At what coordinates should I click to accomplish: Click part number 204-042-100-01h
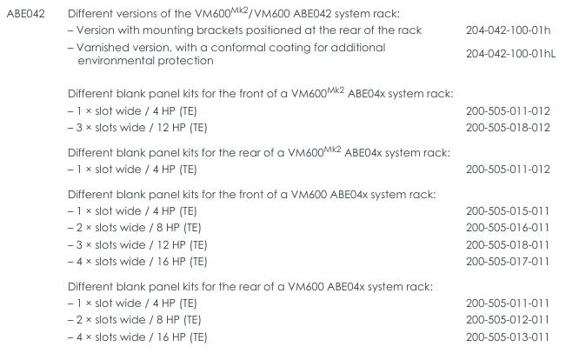click(x=508, y=30)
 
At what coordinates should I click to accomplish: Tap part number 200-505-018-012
click(x=508, y=127)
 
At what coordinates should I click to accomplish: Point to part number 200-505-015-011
click(x=508, y=210)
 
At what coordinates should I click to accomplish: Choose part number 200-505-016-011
click(x=508, y=227)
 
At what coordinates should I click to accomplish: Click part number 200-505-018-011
click(x=508, y=244)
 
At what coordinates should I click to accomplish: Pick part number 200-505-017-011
click(x=508, y=261)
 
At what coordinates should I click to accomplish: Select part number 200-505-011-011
click(x=508, y=303)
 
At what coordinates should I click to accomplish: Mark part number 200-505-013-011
click(x=508, y=337)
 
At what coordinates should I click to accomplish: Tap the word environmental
click(x=118, y=61)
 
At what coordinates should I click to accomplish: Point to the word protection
click(x=187, y=61)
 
